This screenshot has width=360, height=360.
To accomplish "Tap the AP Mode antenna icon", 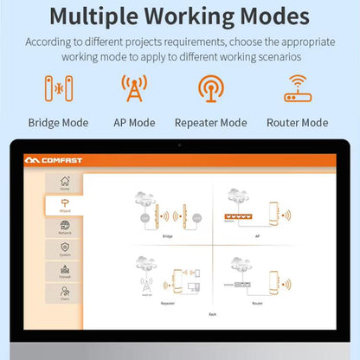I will [x=134, y=89].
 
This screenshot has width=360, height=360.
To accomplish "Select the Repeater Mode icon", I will [x=210, y=89].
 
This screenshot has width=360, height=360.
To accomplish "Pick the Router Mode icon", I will [x=297, y=89].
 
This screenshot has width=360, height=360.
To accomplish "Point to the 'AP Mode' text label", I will [x=134, y=123].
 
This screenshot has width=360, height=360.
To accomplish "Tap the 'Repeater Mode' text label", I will [x=210, y=123].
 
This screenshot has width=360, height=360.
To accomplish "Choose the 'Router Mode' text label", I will [x=297, y=123].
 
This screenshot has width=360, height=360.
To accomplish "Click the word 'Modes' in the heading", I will [x=270, y=16].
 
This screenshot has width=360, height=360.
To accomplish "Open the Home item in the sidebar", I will [x=65, y=183].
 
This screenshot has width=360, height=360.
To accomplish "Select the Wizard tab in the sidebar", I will [x=65, y=205].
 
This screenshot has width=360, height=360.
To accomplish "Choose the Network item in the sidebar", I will [x=65, y=228].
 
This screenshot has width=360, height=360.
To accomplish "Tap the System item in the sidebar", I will [x=65, y=249].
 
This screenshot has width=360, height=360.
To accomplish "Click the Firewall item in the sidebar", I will [x=65, y=272].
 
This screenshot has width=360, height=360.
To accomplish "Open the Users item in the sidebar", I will [x=65, y=294].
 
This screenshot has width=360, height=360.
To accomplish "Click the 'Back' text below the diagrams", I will [x=213, y=313].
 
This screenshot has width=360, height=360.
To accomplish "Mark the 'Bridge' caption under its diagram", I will [x=167, y=235].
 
